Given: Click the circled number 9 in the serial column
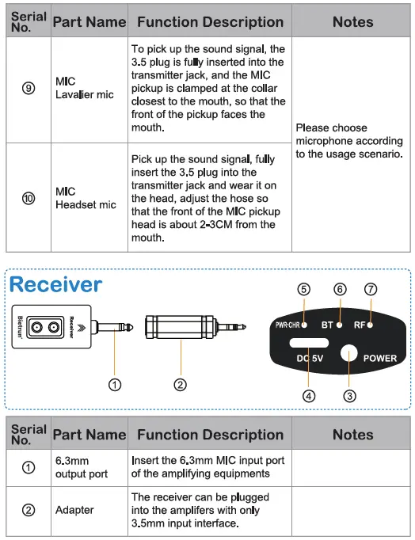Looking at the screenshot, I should point(29,89).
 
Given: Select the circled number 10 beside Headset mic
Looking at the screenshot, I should point(29,198).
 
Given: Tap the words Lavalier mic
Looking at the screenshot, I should point(84,95).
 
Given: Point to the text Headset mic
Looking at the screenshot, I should point(86,205).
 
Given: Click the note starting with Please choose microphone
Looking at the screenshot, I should point(348,140).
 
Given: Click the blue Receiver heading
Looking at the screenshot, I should point(55,283).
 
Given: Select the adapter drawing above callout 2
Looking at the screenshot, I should point(181,325).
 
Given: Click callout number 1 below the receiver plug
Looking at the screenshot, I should point(115,385).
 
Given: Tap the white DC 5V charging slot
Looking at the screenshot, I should point(309,344).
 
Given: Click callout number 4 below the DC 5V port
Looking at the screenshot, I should point(309,395).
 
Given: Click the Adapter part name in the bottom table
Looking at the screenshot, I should point(74,510).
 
